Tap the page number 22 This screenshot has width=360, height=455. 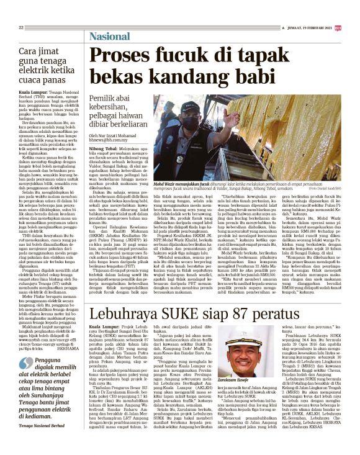click(x=21, y=27)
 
